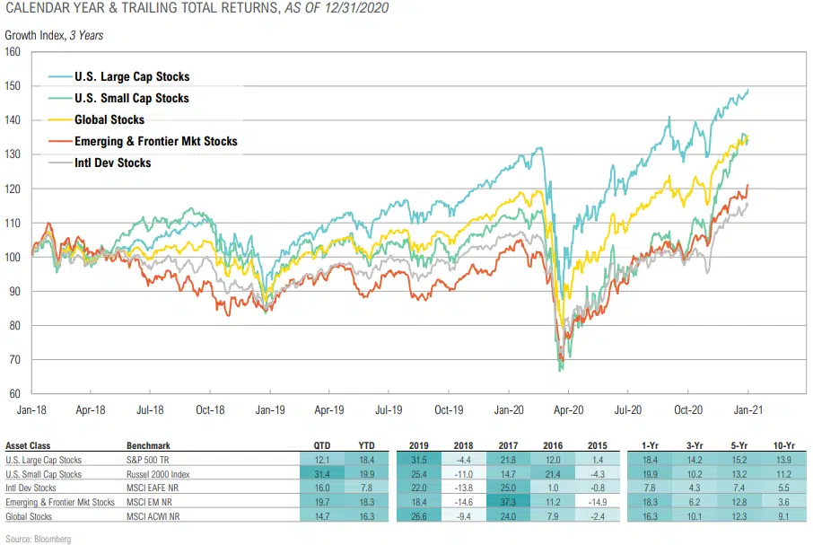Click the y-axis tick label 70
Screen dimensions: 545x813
pyautogui.click(x=15, y=360)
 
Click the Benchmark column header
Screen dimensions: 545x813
pyautogui.click(x=148, y=445)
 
